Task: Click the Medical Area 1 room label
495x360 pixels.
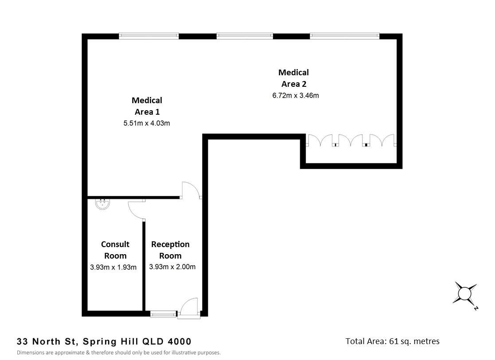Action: tap(147, 106)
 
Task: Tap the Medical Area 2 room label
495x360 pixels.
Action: tap(294, 78)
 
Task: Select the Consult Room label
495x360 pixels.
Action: tap(115, 250)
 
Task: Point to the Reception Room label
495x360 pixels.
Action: tap(170, 250)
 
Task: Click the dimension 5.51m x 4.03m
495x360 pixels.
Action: tap(147, 124)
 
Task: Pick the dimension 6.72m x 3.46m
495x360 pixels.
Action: tap(296, 96)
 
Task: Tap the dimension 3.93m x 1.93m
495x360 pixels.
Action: tap(113, 267)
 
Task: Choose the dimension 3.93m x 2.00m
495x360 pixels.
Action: tap(172, 267)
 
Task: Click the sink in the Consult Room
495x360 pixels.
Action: tap(103, 204)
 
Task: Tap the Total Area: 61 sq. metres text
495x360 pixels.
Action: tap(392, 341)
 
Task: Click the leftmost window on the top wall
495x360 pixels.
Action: tap(149, 36)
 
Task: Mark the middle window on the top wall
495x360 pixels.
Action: tap(245, 36)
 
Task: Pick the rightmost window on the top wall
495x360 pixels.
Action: tap(345, 36)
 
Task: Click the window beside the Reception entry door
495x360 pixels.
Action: tap(163, 314)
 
